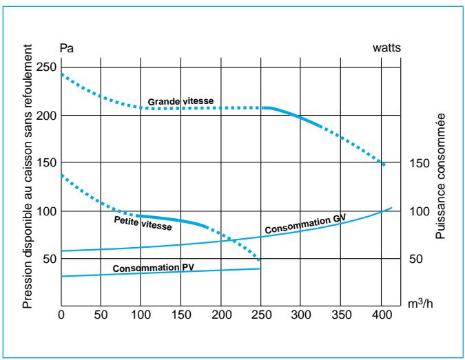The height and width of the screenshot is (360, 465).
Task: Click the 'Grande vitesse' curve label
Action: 181,101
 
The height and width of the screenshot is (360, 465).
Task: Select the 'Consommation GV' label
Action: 304,222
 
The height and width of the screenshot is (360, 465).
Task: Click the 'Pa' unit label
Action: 67,48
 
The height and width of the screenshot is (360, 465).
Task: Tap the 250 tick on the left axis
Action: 47,67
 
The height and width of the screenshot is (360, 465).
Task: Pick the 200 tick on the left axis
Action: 47,116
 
